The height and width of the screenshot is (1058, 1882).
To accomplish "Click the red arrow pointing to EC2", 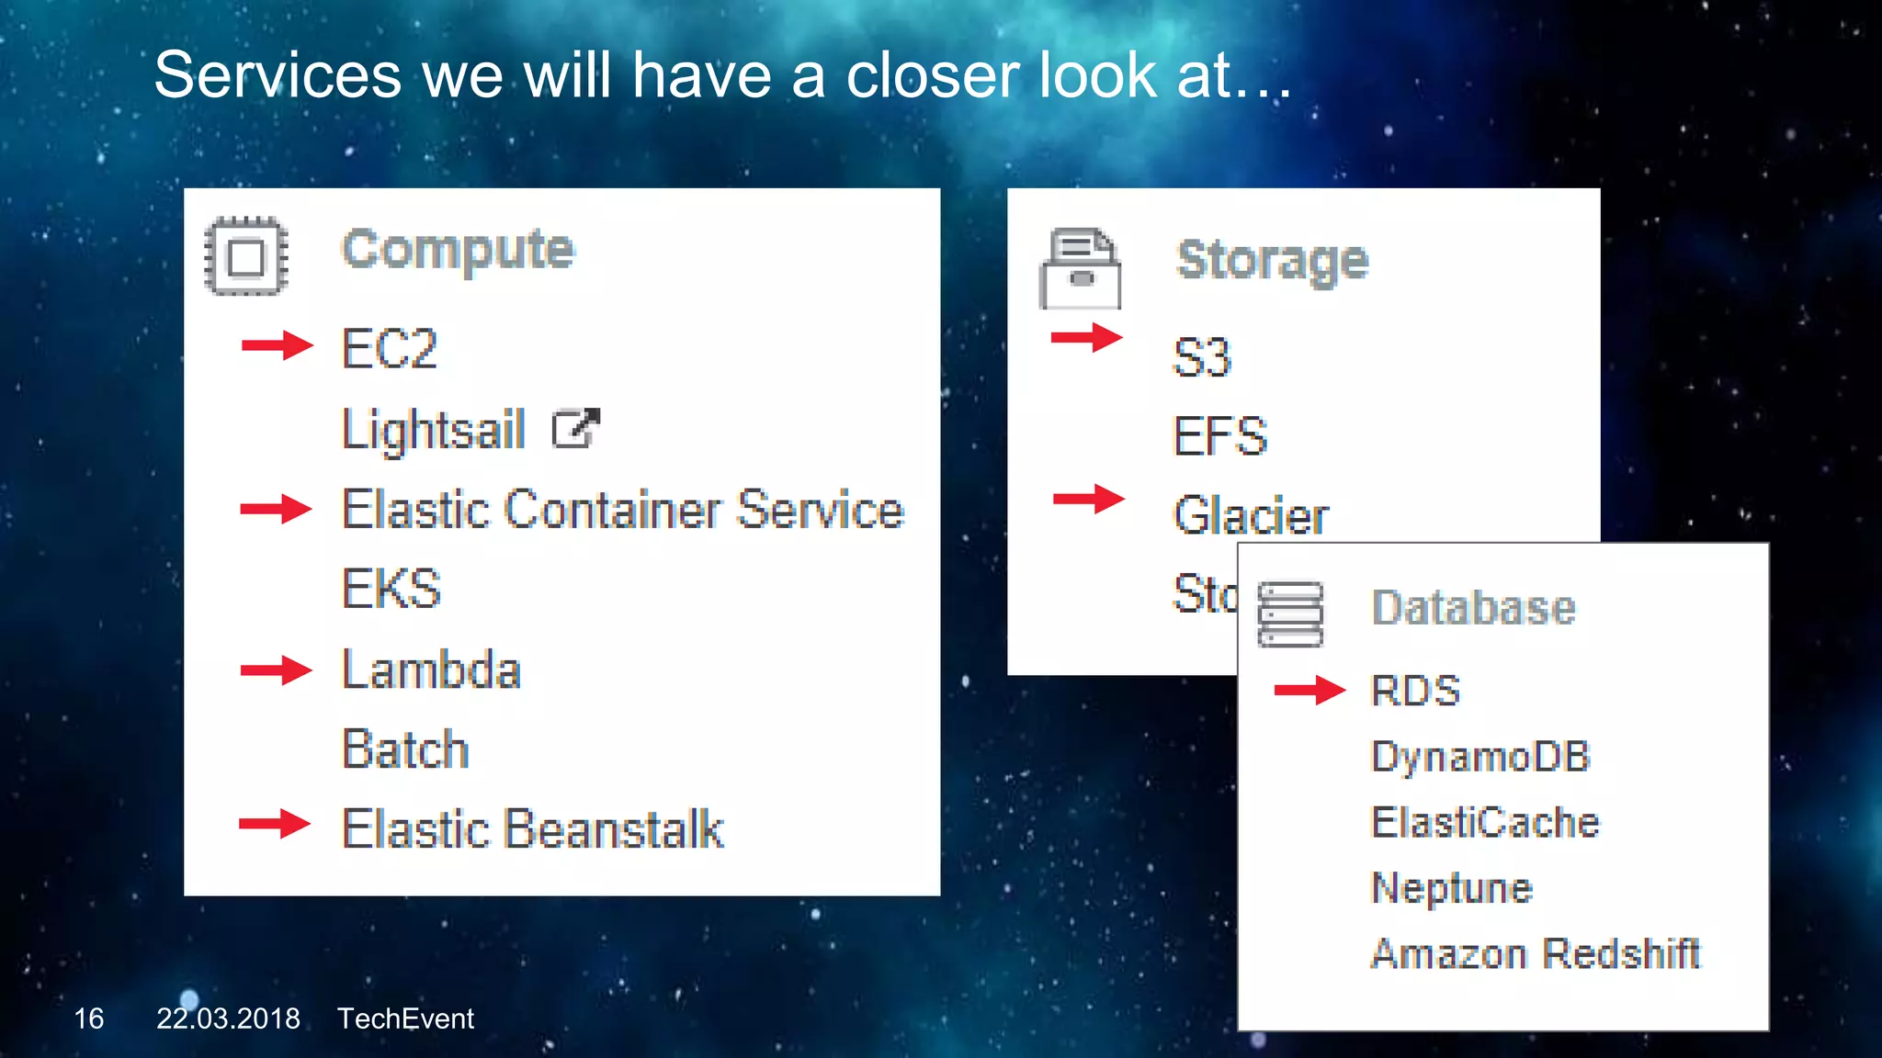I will click(277, 345).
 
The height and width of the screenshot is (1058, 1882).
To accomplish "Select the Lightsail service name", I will click(433, 430).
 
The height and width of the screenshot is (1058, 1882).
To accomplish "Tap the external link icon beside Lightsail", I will click(575, 428).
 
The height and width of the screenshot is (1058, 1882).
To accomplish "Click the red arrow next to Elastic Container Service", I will click(276, 508).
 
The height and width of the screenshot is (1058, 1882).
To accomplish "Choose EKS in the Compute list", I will click(391, 589).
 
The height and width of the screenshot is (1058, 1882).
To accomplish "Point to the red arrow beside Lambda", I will click(276, 670).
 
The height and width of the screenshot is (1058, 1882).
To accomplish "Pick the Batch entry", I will click(405, 749).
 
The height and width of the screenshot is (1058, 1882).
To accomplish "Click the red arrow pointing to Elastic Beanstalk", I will click(275, 824).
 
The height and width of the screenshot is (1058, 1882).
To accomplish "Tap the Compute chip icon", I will click(246, 256).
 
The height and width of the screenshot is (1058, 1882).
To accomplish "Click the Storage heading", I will click(1272, 260).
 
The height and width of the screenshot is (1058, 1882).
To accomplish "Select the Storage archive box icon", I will click(1080, 269).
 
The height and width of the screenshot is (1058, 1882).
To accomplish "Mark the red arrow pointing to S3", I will click(1086, 337).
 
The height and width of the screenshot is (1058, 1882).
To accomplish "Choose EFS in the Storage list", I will click(1220, 435).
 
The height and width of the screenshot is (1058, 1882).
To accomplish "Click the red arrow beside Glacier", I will click(1088, 499).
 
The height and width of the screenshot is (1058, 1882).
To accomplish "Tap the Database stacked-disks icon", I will click(1290, 613).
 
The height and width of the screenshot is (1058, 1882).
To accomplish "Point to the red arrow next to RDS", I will click(1309, 690).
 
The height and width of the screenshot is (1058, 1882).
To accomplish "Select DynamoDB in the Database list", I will click(1480, 757).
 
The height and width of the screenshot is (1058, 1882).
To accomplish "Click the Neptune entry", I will click(1451, 888).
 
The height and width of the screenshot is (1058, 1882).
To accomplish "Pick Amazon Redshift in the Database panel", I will click(1535, 953).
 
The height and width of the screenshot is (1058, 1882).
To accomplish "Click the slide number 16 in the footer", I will click(89, 1019).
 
